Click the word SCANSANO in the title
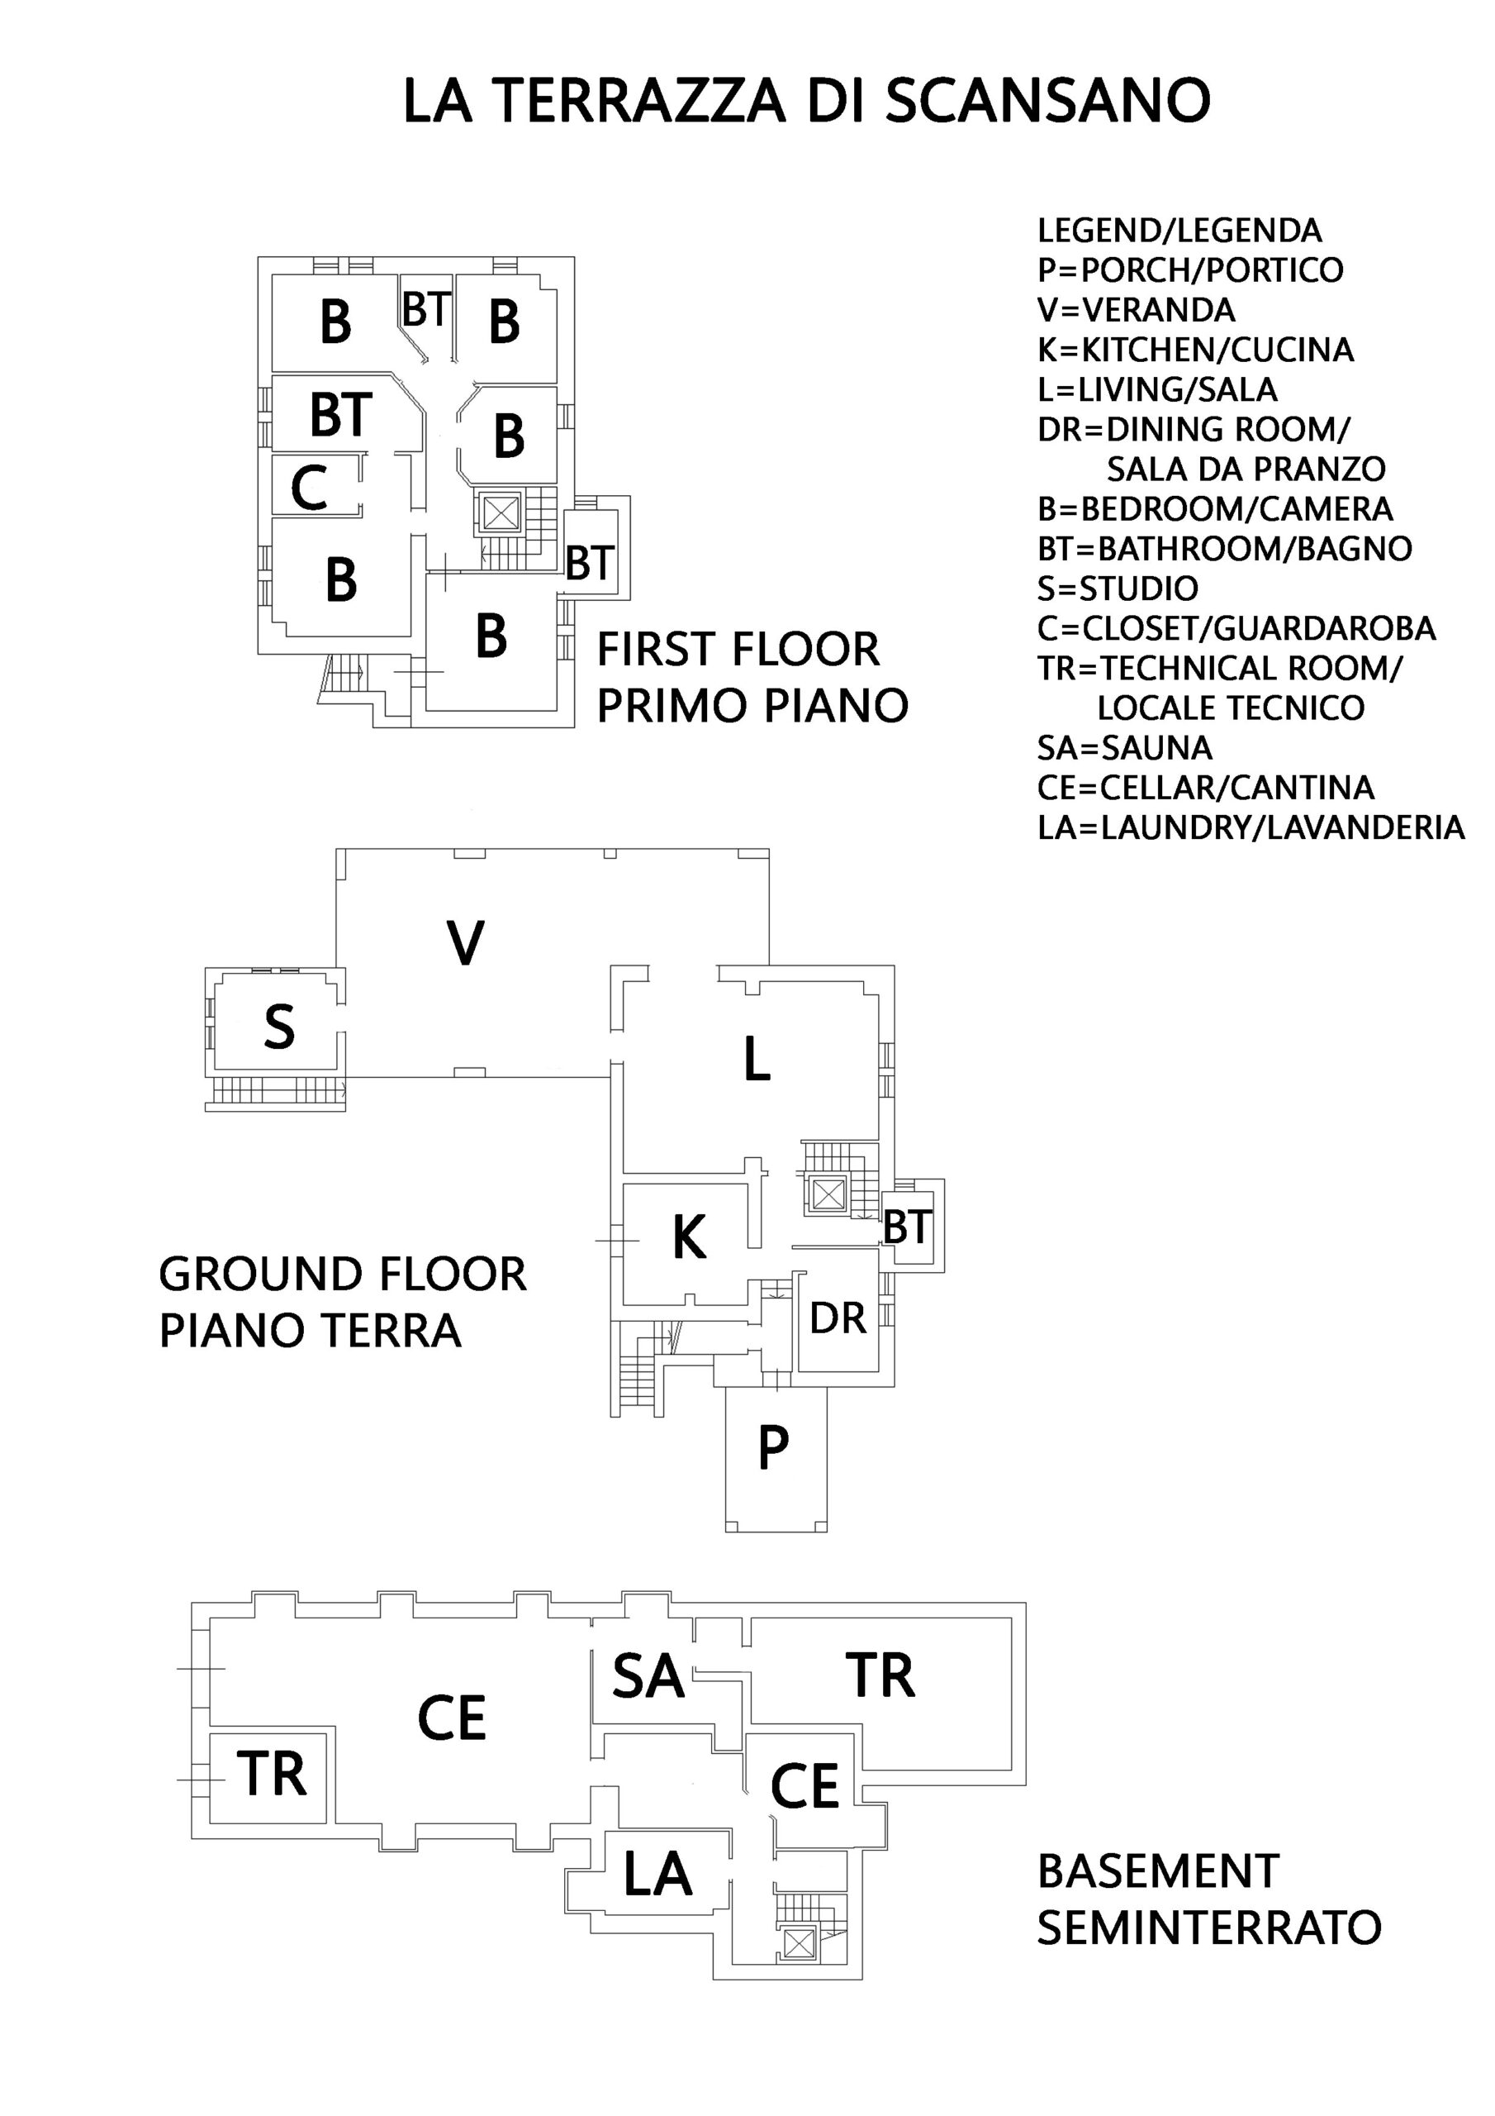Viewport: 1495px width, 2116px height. pyautogui.click(x=1047, y=101)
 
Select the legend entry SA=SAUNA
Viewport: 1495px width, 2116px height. pyautogui.click(x=1125, y=747)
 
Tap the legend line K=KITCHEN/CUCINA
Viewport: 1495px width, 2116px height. pyautogui.click(x=1196, y=350)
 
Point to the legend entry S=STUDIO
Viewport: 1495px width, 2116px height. pyautogui.click(x=1118, y=588)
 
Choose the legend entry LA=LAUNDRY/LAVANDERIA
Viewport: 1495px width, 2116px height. pyautogui.click(x=1251, y=827)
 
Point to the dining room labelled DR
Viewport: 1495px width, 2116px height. pyautogui.click(x=838, y=1319)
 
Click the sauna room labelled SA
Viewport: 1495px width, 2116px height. pyautogui.click(x=648, y=1675)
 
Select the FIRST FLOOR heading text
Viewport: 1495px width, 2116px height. pyautogui.click(x=738, y=650)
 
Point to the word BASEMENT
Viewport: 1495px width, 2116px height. pyautogui.click(x=1159, y=1872)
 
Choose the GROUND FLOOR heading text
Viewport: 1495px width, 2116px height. pyautogui.click(x=343, y=1274)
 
